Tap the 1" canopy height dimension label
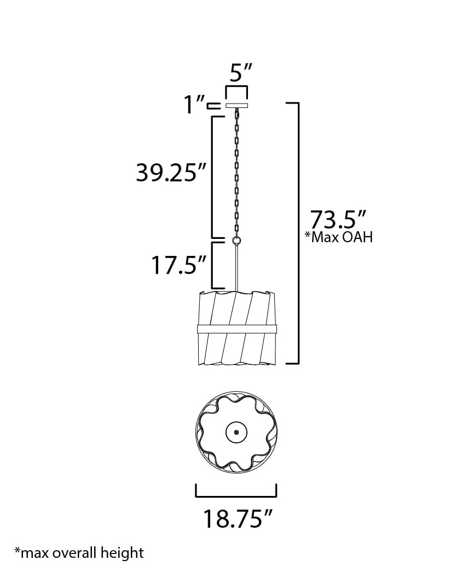coord(194,104)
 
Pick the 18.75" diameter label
coord(238,518)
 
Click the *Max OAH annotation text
coord(338,237)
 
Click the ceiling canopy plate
coord(236,105)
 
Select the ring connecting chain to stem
coord(237,241)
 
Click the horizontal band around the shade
coord(237,329)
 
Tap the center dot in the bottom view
coord(236,432)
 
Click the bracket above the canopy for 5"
coord(237,90)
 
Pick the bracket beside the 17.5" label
coord(213,265)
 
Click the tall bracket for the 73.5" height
coord(297,233)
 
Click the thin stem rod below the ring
coord(237,269)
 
